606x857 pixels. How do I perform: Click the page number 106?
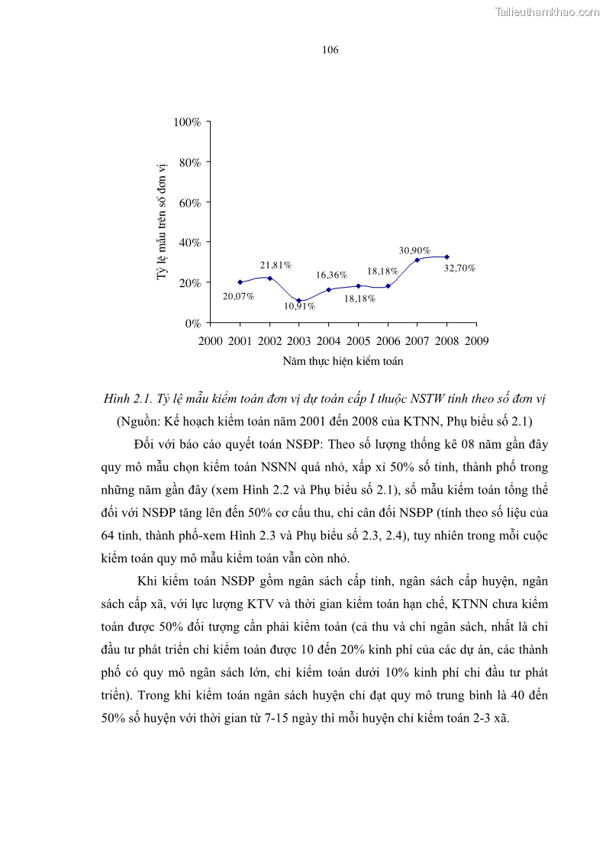pos(330,50)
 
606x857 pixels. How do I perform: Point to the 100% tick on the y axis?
pos(187,122)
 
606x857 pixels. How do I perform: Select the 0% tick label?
pos(192,323)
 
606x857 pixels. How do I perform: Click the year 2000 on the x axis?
pos(210,340)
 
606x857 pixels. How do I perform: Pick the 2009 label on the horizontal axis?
pos(476,340)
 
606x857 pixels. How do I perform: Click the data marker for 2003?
pos(299,301)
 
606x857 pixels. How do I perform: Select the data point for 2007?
pos(417,260)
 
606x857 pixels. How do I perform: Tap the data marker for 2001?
pos(240,282)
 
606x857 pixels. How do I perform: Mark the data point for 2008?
pos(446,257)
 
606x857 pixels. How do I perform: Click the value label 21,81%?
pos(276,266)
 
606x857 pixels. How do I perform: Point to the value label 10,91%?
pos(299,306)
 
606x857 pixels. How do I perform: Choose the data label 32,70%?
pos(459,268)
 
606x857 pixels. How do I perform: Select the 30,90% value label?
pos(414,250)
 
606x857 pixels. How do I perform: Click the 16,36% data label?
pos(332,275)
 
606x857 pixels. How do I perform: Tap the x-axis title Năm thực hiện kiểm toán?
pos(343,361)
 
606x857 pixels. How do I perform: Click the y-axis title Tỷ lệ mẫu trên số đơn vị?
pos(162,221)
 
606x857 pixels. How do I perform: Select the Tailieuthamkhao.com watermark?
pos(547,11)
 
